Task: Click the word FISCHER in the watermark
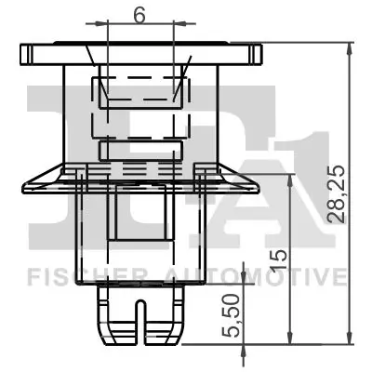pos(71,276)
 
